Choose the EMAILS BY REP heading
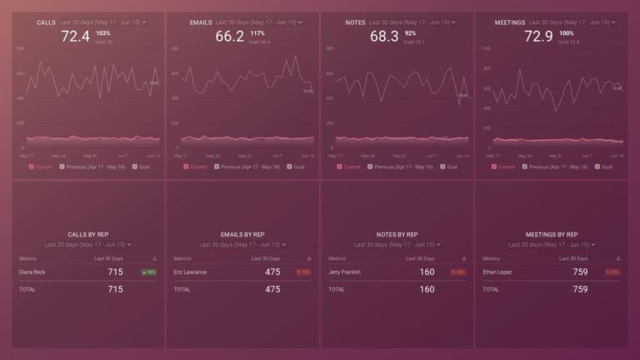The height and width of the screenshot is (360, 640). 242,235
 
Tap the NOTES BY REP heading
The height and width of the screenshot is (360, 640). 397,235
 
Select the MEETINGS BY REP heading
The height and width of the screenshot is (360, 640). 552,235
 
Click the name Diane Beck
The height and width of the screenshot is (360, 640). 33,272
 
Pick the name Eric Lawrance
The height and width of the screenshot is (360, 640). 191,272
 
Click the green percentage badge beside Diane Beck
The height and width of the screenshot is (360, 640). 149,272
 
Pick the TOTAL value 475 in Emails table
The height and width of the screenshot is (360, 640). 272,289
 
